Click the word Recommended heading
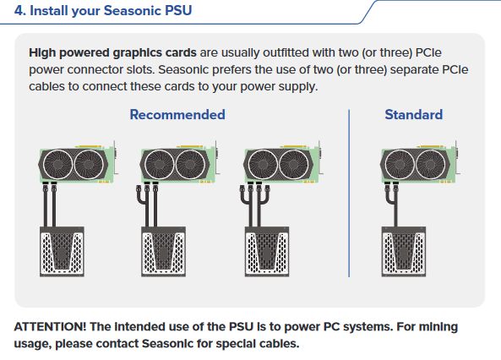tap(177, 114)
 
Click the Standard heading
tap(414, 114)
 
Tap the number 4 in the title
tap(19, 10)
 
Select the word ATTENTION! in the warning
tap(50, 327)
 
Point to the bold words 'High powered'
tap(69, 52)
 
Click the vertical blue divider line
tap(349, 194)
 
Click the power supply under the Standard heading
tap(404, 252)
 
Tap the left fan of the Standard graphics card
tap(400, 164)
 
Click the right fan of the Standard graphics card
tap(430, 164)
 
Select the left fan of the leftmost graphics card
tap(57, 164)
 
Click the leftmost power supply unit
tap(62, 252)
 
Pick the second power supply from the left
tap(164, 252)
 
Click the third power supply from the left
tap(267, 252)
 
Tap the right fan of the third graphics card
tap(294, 164)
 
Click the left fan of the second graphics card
tap(159, 164)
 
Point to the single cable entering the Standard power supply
tap(395, 215)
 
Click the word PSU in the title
tap(178, 10)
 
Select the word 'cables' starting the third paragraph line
tap(46, 86)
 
